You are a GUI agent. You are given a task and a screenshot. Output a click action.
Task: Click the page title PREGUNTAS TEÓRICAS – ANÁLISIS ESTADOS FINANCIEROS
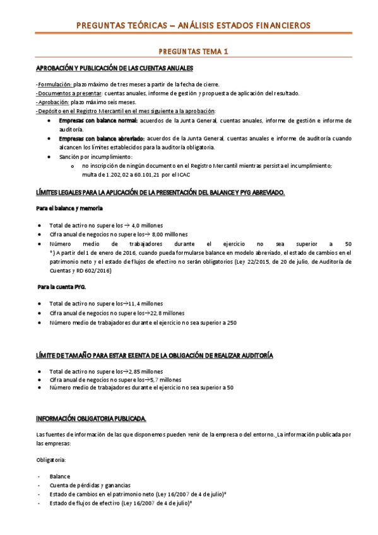point(192,25)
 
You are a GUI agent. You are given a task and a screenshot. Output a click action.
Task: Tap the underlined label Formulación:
point(54,84)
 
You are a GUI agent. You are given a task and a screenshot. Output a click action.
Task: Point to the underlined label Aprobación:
point(53,102)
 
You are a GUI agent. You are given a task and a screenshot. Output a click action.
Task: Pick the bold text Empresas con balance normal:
point(97,120)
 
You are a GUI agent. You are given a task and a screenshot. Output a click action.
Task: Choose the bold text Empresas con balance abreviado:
point(102,138)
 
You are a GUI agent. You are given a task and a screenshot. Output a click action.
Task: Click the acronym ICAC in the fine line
point(184,174)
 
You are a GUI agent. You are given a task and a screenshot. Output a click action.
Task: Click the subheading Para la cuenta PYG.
point(61,287)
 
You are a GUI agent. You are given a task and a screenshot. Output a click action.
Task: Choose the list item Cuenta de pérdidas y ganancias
point(87,485)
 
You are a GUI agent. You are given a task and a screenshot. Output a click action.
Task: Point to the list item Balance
point(60,476)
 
